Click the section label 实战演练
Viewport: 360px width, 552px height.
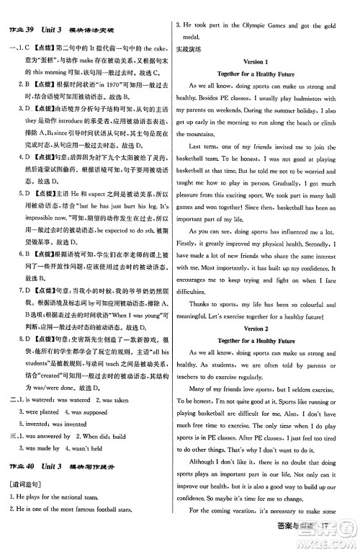point(189,48)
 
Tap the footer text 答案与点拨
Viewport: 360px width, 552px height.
point(312,535)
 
